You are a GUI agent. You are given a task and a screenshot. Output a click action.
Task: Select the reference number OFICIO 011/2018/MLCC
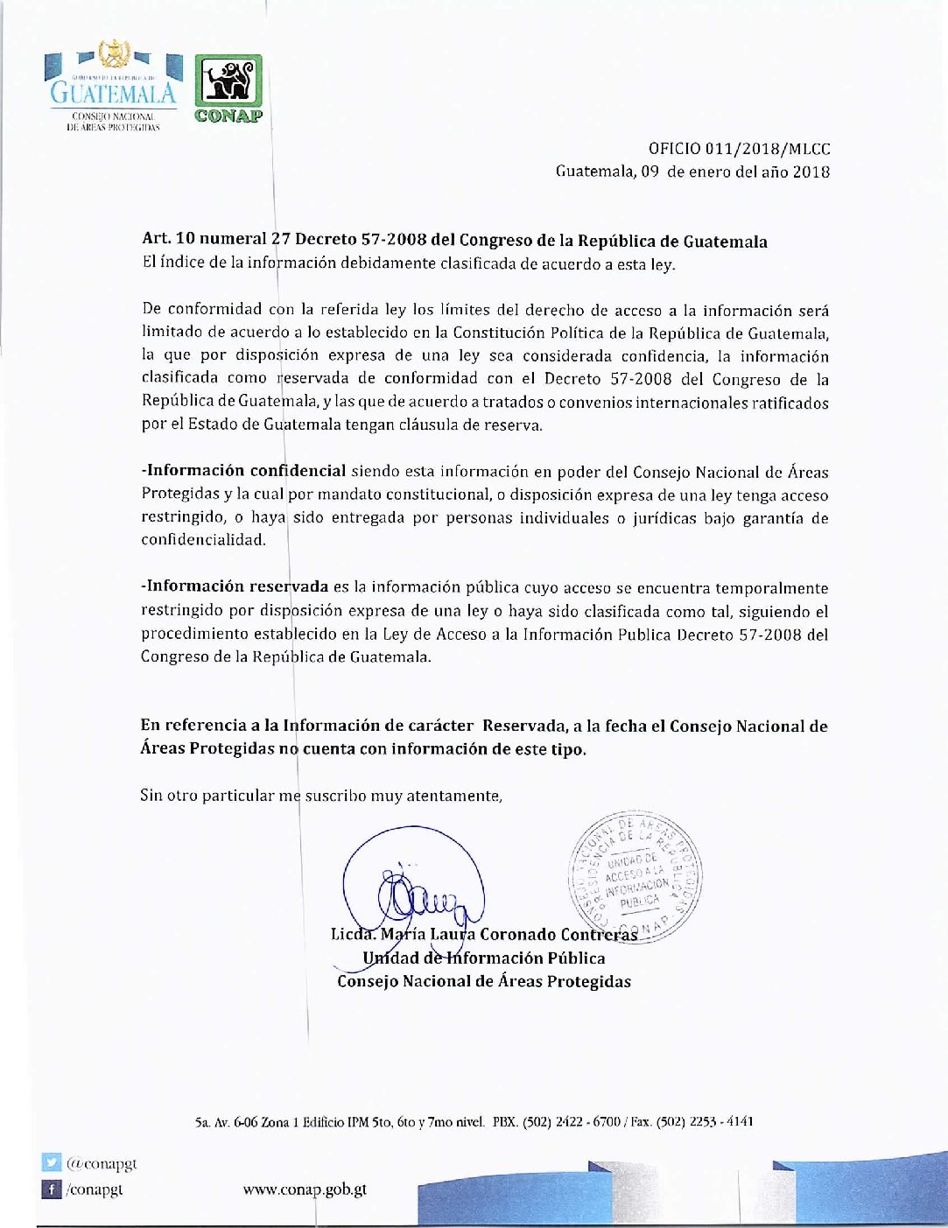point(739,150)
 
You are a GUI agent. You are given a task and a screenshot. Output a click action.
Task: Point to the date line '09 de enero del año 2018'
point(735,172)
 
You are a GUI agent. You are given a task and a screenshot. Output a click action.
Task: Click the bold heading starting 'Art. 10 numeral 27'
point(454,240)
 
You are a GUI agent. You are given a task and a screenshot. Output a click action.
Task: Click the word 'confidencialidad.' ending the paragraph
point(203,540)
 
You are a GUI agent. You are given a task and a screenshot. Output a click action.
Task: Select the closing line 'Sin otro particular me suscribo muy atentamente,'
point(321,796)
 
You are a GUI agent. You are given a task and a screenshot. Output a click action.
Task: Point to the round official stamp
point(636,876)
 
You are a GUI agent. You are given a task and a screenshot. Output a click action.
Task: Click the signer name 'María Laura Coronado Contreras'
point(509,934)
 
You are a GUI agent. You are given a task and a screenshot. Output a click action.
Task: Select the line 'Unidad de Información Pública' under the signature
point(484,958)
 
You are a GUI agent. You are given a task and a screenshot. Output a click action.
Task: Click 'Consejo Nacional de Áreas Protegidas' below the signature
point(484,981)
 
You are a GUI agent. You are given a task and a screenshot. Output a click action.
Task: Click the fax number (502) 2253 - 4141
point(705,1121)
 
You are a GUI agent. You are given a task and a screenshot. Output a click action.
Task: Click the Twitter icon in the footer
point(53,1163)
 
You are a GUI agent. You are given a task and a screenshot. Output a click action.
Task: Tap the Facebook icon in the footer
point(53,1189)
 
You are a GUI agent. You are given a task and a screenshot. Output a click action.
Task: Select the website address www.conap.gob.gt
point(305,1189)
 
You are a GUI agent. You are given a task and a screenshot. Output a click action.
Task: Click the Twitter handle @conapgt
point(102,1163)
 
